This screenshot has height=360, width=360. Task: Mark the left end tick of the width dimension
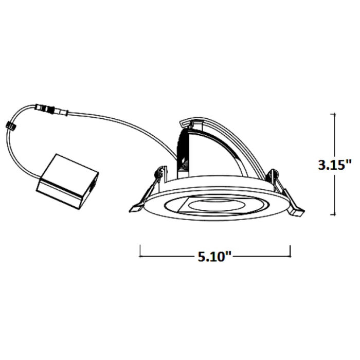tap(141, 251)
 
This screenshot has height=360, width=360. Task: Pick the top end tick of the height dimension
tap(335, 114)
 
